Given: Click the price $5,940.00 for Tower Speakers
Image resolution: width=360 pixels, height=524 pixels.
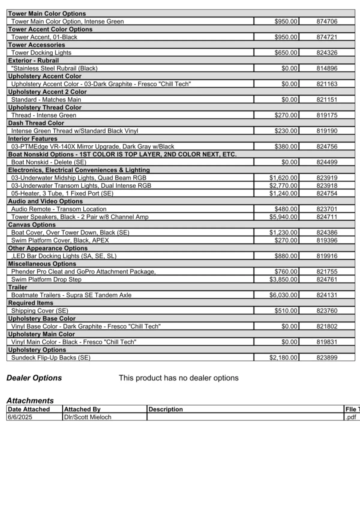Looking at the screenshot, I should (283, 217).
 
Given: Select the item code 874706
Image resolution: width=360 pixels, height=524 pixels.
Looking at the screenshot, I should (327, 21).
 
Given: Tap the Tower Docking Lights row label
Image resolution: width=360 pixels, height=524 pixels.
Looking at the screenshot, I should (41, 53).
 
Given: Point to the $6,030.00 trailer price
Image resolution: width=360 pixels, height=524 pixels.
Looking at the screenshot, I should (283, 295).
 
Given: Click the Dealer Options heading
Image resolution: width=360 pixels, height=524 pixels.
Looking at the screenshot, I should (34, 378).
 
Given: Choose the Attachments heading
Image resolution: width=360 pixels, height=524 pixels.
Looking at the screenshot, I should (30, 400).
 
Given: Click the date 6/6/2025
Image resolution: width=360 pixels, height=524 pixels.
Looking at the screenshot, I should (20, 417).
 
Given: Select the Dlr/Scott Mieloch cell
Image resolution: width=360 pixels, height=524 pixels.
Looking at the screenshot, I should (88, 417).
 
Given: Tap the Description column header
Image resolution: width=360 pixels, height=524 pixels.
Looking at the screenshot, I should (166, 409).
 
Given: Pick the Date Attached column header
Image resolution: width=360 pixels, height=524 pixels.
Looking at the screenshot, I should (29, 409).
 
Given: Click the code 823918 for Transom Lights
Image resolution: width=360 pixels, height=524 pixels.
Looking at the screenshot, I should (327, 186).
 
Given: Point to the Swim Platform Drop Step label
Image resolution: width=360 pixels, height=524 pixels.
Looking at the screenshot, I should (46, 279).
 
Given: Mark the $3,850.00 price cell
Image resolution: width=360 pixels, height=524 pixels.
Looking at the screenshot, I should (283, 279).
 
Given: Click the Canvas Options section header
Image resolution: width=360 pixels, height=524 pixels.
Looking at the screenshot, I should (32, 225).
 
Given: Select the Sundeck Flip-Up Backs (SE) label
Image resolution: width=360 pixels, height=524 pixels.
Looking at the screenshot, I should (51, 358).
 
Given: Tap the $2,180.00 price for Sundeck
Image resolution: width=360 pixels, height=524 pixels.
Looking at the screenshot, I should (283, 358).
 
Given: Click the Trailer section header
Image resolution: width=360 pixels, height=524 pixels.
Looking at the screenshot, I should (18, 287).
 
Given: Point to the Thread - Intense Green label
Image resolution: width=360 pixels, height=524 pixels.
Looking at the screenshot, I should (44, 115).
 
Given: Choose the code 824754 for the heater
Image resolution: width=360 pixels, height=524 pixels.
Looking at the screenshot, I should (327, 193).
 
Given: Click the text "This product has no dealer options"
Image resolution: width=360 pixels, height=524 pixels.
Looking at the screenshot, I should (178, 378).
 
